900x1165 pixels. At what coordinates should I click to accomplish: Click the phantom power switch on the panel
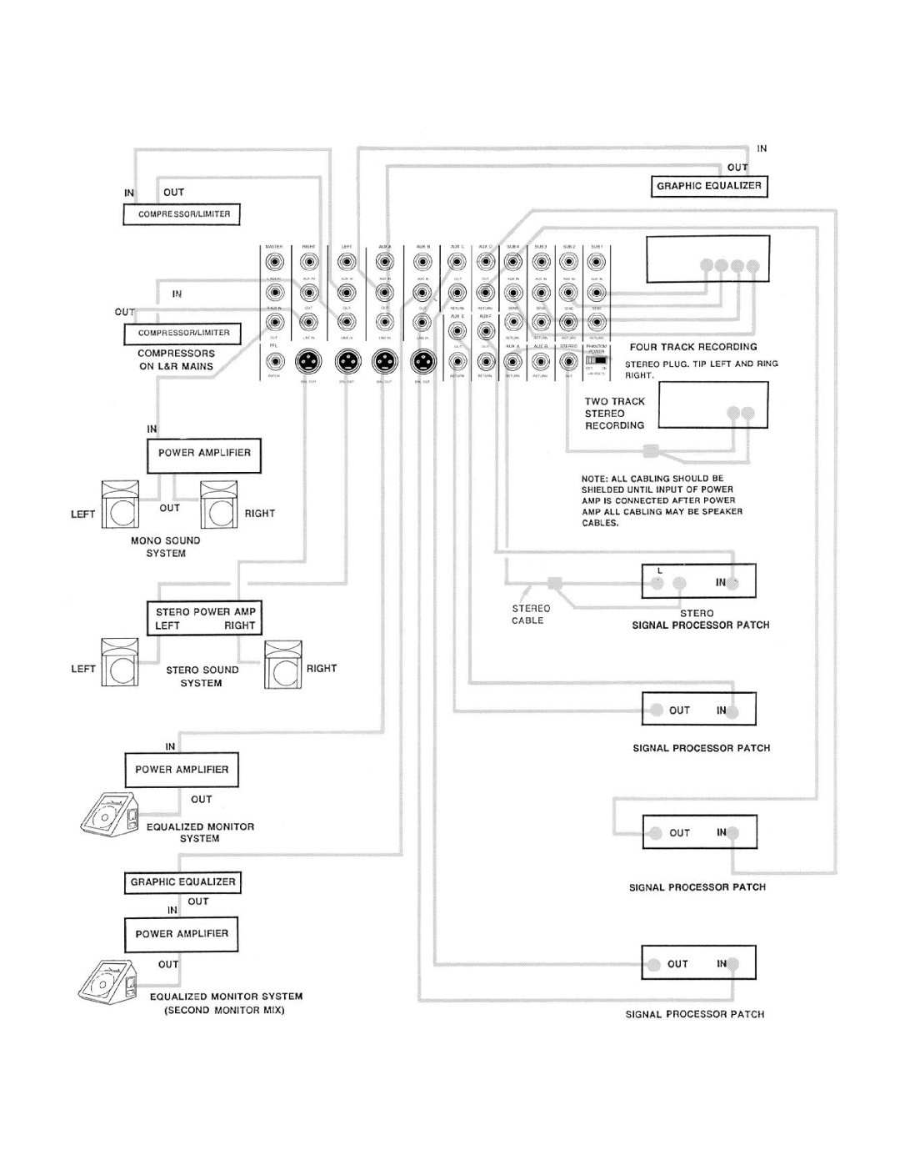[x=595, y=359]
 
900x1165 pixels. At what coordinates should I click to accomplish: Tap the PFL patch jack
[x=273, y=361]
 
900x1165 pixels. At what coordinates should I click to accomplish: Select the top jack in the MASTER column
[x=273, y=261]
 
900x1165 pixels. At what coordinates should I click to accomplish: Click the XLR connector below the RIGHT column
[x=309, y=361]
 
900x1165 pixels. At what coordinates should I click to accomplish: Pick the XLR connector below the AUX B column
[x=422, y=361]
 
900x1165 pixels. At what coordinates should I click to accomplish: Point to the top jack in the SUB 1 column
[x=597, y=262]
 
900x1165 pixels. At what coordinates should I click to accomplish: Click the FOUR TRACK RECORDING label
[x=693, y=347]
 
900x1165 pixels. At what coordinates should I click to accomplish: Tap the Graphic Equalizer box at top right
[x=708, y=186]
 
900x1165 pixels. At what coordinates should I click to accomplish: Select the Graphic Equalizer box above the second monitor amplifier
[x=182, y=882]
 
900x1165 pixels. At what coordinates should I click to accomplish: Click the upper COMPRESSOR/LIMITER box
[x=182, y=214]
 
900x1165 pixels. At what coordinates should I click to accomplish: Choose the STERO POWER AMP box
[x=204, y=618]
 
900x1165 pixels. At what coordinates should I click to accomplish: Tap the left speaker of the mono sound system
[x=120, y=505]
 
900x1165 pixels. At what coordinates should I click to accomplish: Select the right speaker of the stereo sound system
[x=283, y=665]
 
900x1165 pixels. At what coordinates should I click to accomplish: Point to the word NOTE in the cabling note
[x=592, y=479]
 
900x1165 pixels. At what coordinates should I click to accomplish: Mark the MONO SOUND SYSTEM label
[x=165, y=547]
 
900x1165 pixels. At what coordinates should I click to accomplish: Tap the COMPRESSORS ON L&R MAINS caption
[x=176, y=360]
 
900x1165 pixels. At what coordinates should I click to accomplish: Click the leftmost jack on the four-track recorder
[x=707, y=266]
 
